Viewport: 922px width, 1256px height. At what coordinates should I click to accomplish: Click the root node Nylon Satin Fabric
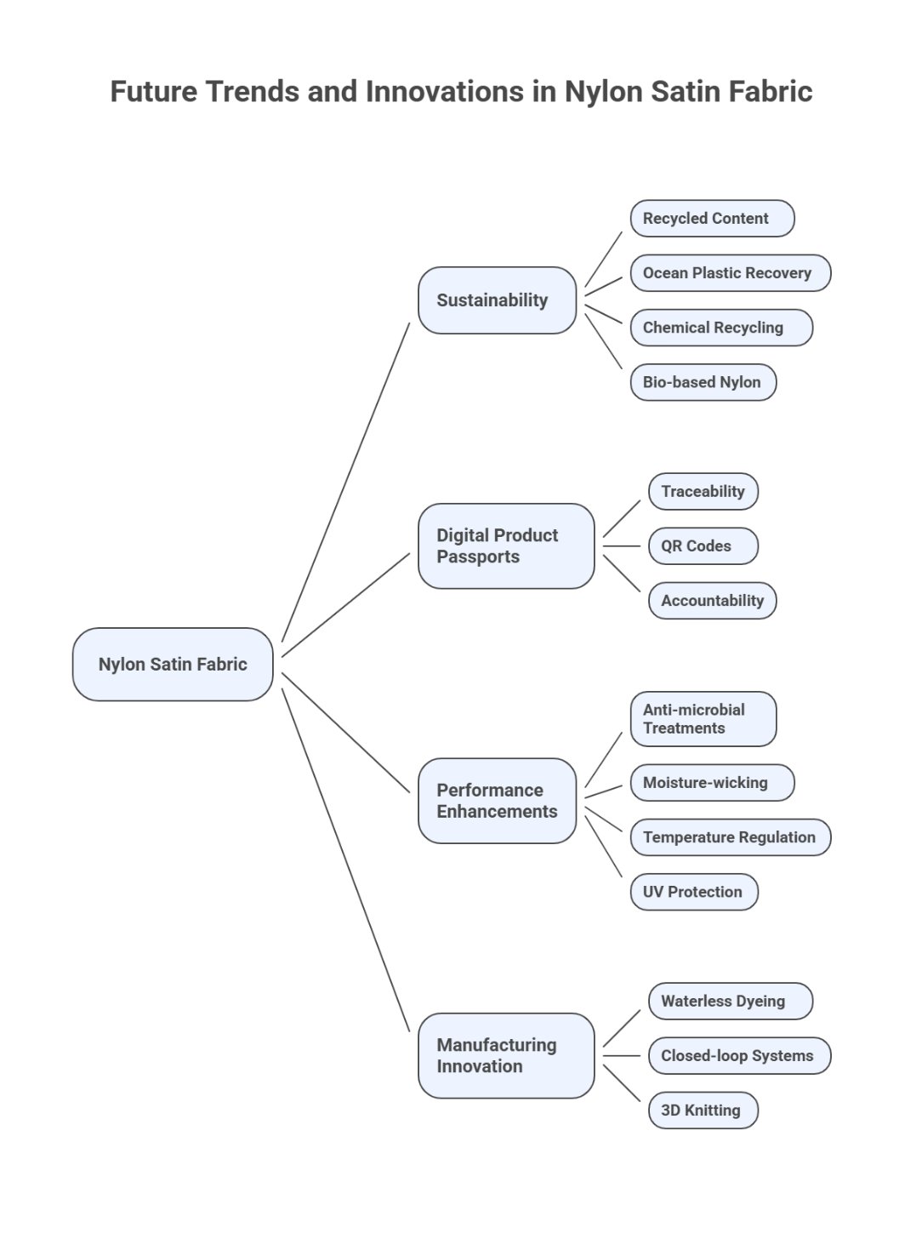coord(173,665)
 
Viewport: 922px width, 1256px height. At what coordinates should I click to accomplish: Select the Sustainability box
coord(497,300)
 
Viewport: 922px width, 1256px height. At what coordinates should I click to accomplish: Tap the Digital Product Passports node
coord(506,546)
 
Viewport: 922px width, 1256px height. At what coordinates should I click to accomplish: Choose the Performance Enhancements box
coord(497,801)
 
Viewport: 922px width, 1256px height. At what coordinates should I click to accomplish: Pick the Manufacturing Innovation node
coord(506,1055)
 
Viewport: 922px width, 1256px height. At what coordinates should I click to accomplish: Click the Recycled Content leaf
coord(712,219)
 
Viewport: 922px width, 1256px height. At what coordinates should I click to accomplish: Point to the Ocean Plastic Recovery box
coord(730,273)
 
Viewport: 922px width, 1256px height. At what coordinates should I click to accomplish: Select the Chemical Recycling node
coord(721,328)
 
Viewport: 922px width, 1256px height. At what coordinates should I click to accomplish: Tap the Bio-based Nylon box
coord(703,382)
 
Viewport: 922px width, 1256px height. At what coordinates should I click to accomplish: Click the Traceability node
coord(703,492)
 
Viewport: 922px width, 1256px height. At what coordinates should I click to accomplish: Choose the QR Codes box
coord(703,546)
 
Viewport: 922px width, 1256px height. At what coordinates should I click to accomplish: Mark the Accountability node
coord(712,601)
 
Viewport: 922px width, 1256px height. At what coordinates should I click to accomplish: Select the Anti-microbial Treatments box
coord(703,719)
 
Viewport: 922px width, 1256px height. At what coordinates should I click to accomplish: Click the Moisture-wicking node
coord(712,783)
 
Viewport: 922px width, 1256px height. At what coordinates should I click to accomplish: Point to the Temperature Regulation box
coord(730,837)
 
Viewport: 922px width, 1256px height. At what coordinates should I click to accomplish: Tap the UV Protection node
coord(693,892)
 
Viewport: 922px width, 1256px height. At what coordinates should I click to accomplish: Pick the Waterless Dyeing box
coord(730,1002)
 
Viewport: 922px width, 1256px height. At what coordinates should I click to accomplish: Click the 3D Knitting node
coord(703,1110)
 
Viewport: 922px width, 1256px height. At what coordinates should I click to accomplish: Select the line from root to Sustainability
coord(346,482)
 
